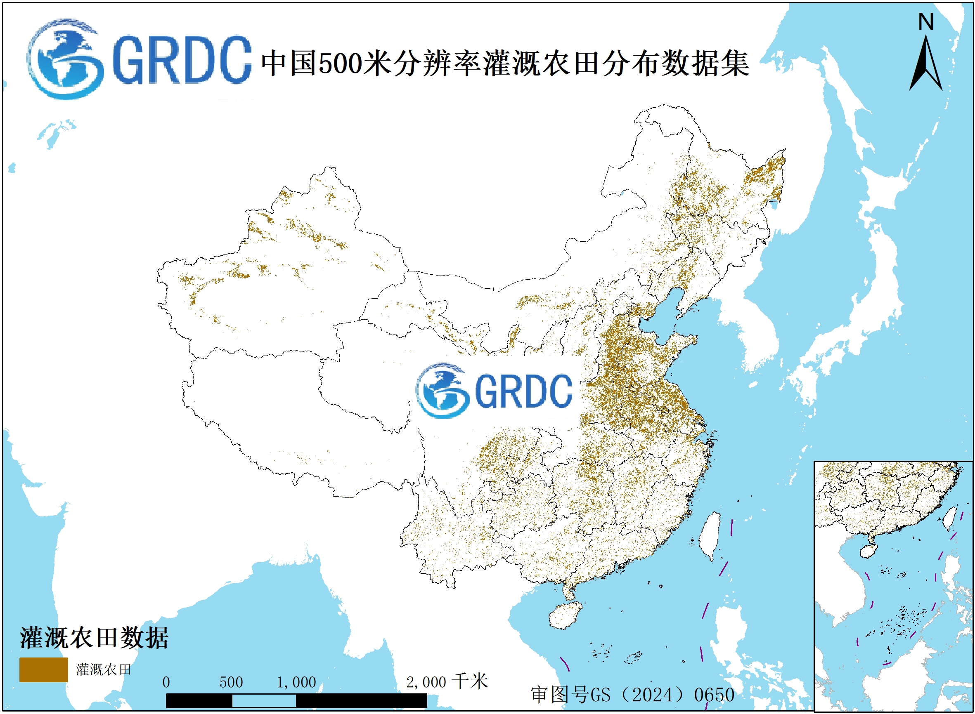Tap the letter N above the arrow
[x=926, y=21]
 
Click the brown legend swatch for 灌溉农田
[x=43, y=669]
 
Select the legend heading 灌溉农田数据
[x=93, y=638]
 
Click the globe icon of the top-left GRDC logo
[x=65, y=59]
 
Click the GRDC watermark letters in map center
[x=523, y=391]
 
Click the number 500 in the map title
[x=340, y=64]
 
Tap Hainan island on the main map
[x=565, y=615]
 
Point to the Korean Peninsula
[x=753, y=328]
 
